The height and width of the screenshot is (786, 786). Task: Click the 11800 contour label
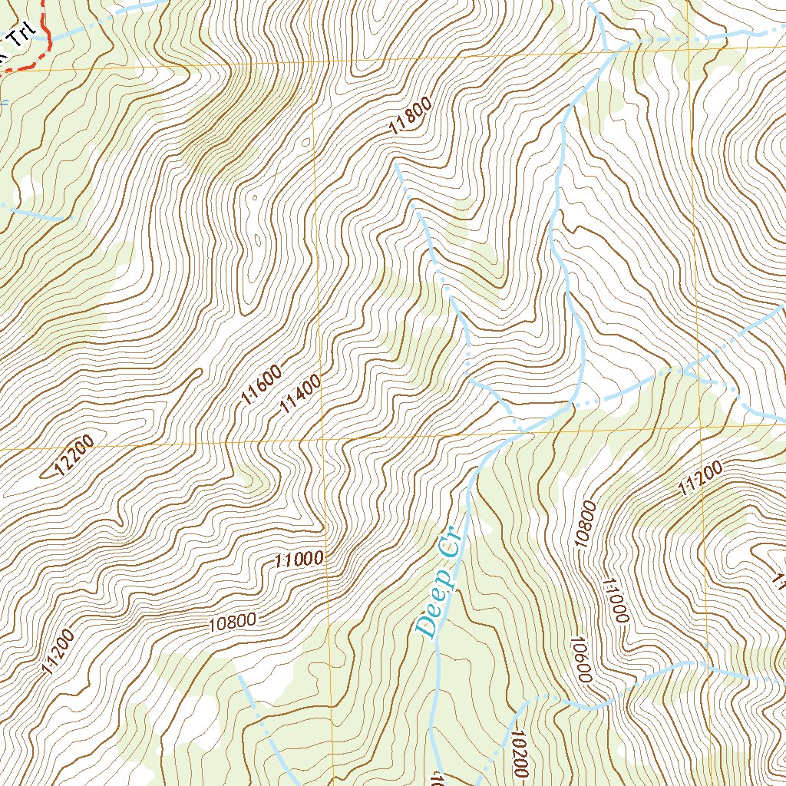point(411,116)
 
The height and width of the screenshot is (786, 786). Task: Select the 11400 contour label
point(299,395)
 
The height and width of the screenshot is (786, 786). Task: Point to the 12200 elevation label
point(75,455)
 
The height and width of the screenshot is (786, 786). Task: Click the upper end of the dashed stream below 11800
point(396,163)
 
